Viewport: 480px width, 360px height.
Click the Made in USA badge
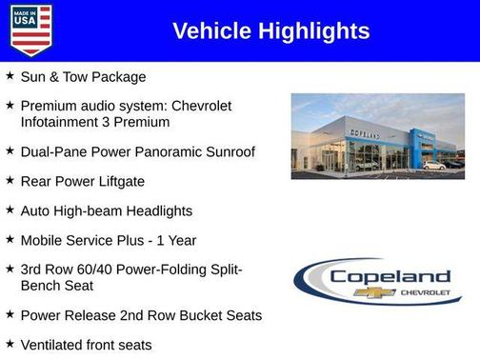(x=30, y=30)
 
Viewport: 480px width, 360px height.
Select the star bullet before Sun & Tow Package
(x=10, y=75)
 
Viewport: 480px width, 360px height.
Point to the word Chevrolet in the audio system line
(x=199, y=106)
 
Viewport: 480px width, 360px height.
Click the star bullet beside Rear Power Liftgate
(x=10, y=180)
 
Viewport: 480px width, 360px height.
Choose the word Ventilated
(x=54, y=344)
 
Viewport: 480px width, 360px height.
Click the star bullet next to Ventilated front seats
(x=10, y=343)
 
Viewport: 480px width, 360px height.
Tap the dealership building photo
(x=377, y=136)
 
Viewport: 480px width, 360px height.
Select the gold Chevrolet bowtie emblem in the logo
(x=374, y=292)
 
